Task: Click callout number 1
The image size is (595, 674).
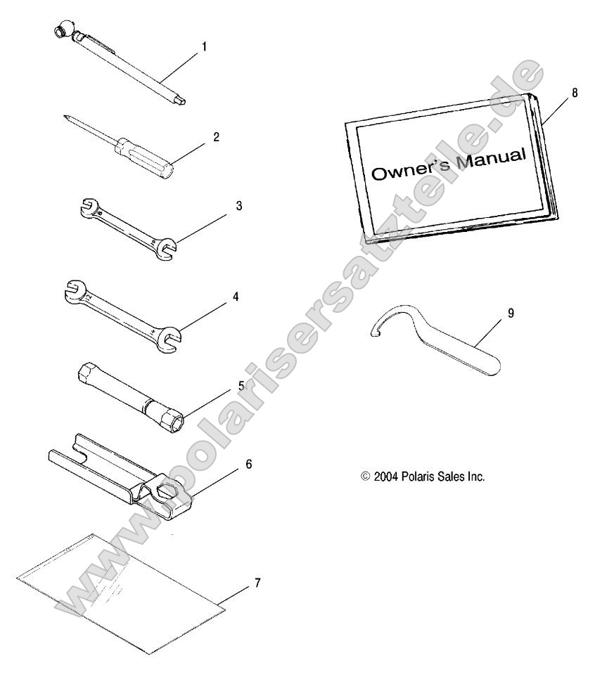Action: point(205,46)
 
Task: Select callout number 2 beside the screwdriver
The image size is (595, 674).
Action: point(216,136)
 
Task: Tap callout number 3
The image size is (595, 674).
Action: point(239,206)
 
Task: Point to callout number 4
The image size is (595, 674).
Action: point(236,297)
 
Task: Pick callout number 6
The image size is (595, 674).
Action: point(249,465)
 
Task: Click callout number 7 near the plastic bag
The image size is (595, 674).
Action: point(257,583)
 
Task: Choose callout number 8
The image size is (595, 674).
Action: point(575,93)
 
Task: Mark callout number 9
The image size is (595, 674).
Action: point(511,313)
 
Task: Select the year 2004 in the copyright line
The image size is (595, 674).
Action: point(386,477)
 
